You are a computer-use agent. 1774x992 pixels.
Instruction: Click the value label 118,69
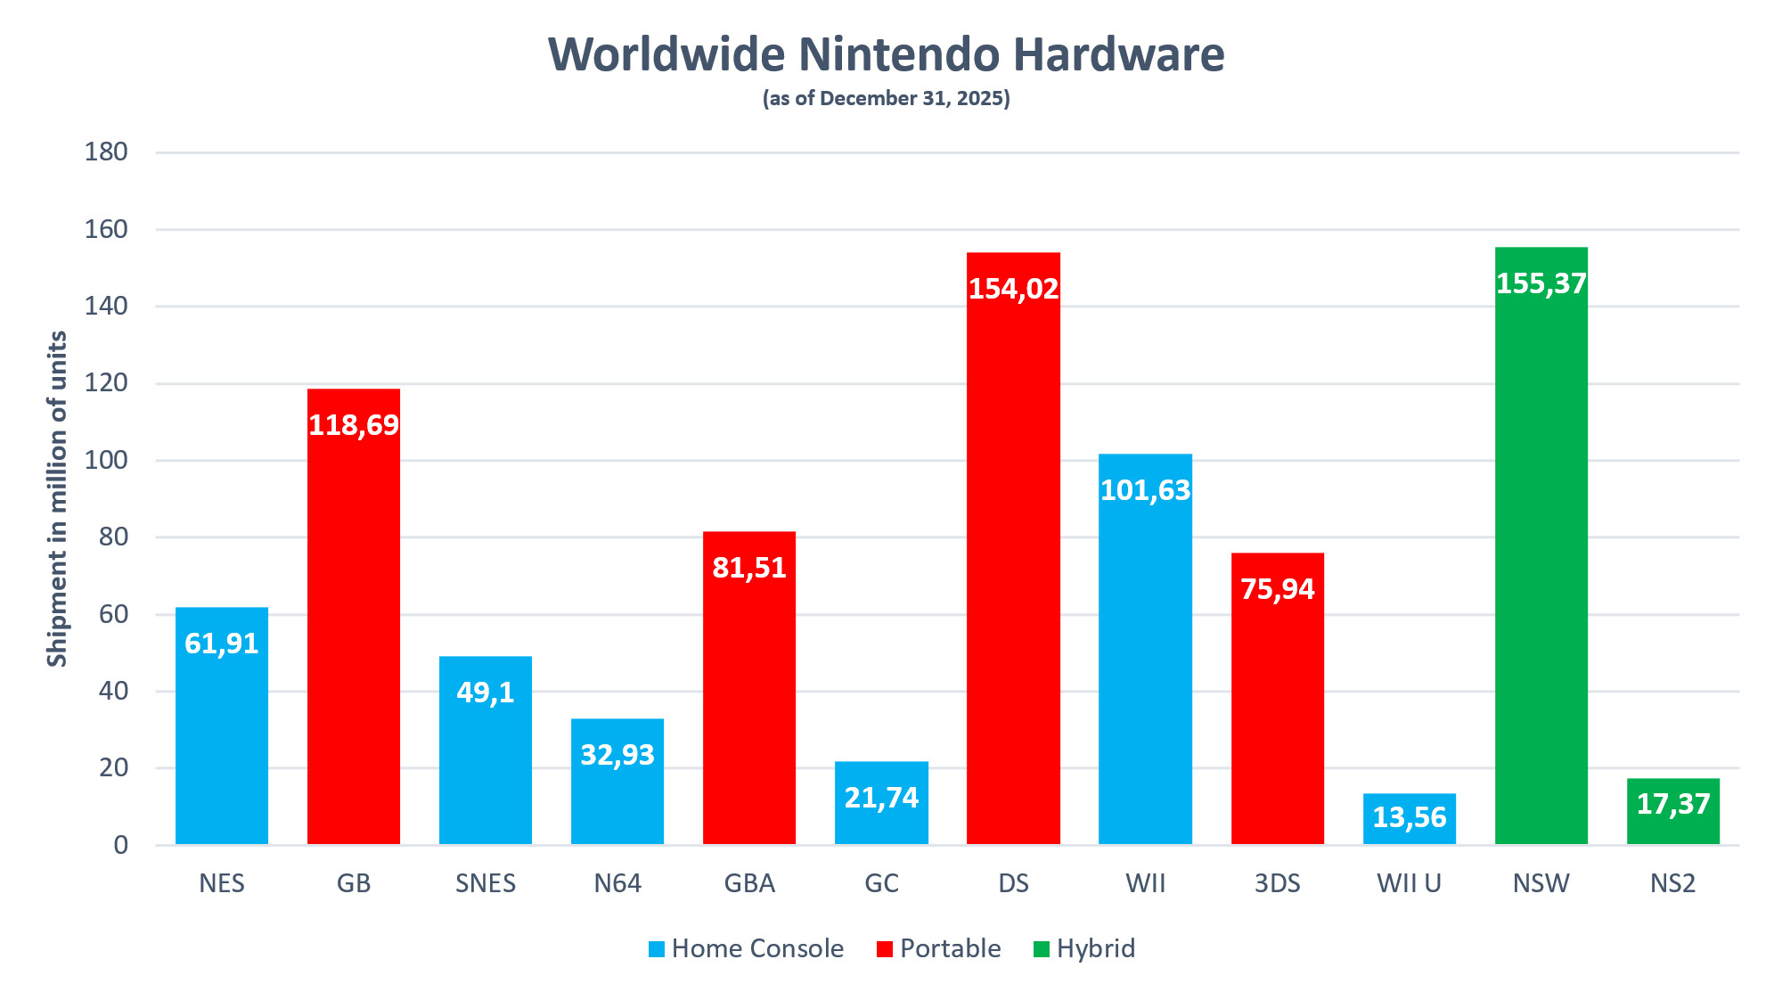[x=354, y=425]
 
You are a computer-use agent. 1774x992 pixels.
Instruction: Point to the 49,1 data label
[x=486, y=693]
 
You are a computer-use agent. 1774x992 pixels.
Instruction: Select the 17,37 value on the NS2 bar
[x=1672, y=804]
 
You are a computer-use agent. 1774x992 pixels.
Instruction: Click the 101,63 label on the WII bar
[x=1145, y=490]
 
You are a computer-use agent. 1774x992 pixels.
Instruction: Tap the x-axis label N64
[x=617, y=883]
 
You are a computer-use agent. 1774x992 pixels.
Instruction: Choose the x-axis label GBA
[x=749, y=883]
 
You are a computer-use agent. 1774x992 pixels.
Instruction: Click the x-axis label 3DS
[x=1277, y=883]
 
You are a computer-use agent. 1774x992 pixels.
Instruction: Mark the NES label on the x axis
[x=222, y=883]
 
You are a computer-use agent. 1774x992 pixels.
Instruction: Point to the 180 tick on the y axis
[x=106, y=152]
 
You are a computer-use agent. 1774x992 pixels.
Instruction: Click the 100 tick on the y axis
[x=106, y=461]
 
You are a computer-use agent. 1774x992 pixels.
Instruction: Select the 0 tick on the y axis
[x=120, y=845]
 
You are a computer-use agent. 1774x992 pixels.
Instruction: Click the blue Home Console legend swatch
[x=657, y=949]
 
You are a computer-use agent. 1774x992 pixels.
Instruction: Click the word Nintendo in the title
[x=899, y=54]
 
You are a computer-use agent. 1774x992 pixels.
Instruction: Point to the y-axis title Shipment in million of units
[x=57, y=499]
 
